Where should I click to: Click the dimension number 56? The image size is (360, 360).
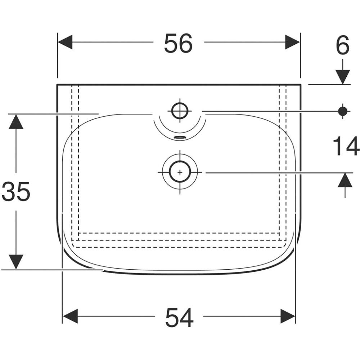click(179, 43)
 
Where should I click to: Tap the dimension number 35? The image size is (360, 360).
click(16, 192)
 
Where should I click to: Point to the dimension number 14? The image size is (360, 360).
click(346, 147)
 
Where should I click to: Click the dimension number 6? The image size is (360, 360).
click(342, 46)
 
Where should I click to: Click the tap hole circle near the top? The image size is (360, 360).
click(180, 111)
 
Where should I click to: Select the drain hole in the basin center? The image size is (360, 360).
click(180, 172)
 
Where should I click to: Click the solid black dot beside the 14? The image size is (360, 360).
click(343, 111)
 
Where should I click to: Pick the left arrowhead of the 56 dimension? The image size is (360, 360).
click(65, 42)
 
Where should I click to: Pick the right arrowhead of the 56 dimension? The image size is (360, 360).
click(292, 42)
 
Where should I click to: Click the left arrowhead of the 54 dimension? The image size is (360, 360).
click(70, 316)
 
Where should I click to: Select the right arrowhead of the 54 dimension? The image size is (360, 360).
click(288, 316)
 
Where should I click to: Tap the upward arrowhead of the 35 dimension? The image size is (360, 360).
click(16, 122)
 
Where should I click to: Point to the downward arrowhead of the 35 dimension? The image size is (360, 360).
click(16, 262)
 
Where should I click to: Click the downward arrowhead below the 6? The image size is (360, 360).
click(343, 77)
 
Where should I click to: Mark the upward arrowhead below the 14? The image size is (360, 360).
click(345, 180)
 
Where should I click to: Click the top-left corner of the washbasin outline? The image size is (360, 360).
click(57, 85)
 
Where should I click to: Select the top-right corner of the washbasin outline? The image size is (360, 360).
click(300, 85)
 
